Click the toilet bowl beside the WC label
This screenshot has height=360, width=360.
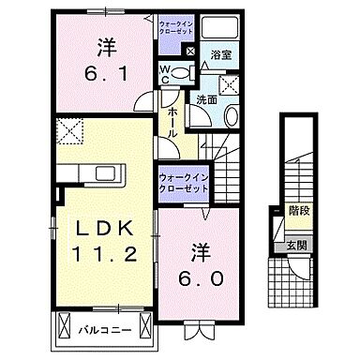pyautogui.click(x=185, y=72)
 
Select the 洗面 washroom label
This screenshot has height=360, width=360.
pyautogui.click(x=206, y=98)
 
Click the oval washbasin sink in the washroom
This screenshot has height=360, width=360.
pyautogui.click(x=230, y=115)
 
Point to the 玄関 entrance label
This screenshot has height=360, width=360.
pyautogui.click(x=296, y=246)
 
